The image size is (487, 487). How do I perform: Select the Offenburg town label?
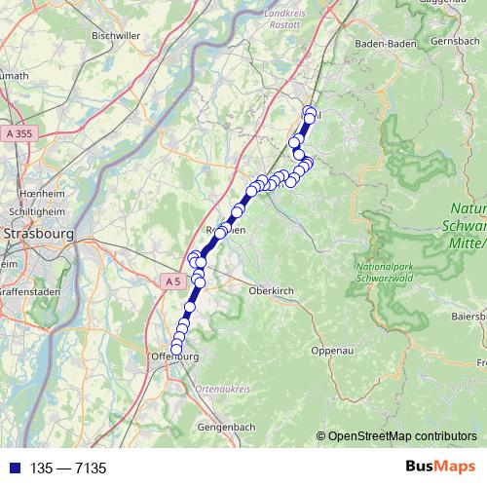click(x=174, y=357)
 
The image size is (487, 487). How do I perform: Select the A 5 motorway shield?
click(x=172, y=281)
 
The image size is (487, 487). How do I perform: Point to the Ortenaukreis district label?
click(x=223, y=389)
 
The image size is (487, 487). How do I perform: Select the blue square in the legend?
click(x=11, y=468)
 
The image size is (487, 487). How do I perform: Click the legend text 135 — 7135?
click(x=68, y=468)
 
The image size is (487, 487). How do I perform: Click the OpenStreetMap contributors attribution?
click(x=401, y=437)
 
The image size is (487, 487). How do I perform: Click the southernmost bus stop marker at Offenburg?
click(x=176, y=349)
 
